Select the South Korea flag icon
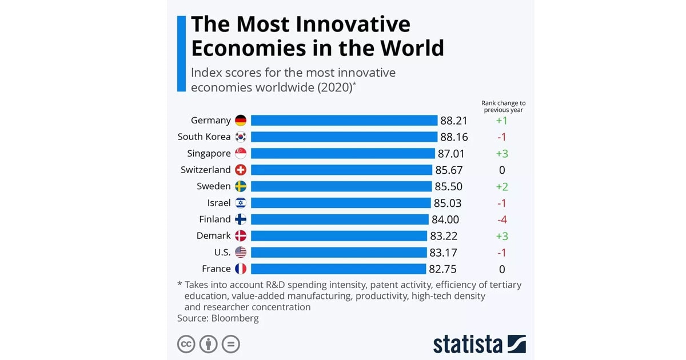(x=241, y=137)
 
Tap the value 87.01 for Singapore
(x=452, y=153)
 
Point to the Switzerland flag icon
(x=241, y=170)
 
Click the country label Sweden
(x=213, y=186)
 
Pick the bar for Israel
(x=341, y=203)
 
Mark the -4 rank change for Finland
(x=502, y=219)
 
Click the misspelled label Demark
(x=214, y=235)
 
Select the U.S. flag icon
(x=241, y=252)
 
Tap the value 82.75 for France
(x=442, y=269)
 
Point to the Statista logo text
(x=468, y=344)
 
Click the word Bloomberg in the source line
(x=235, y=318)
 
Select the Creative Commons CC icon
(x=186, y=344)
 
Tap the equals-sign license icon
(x=231, y=344)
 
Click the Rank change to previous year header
(x=503, y=106)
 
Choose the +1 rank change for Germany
(x=502, y=121)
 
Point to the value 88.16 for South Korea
(x=453, y=137)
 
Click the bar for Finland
(x=340, y=219)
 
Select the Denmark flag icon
(x=241, y=235)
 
